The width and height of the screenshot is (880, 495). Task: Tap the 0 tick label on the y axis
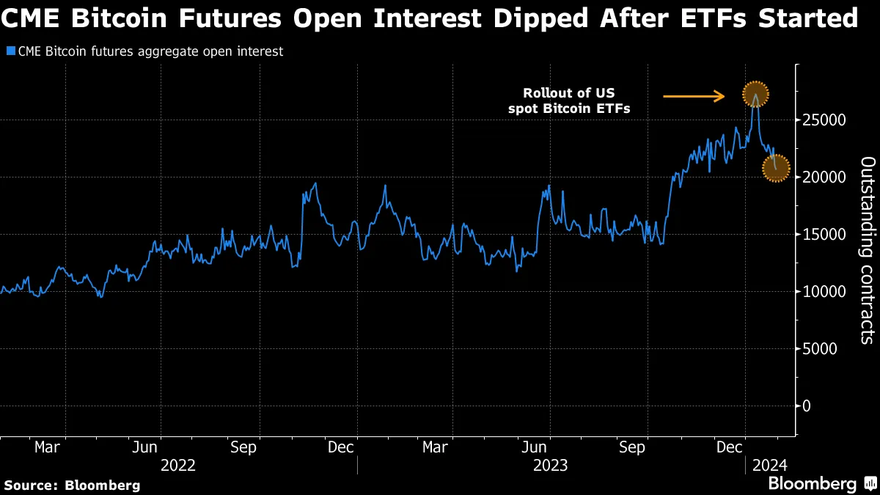pos(807,406)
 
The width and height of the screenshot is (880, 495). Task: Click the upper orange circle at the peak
pos(755,94)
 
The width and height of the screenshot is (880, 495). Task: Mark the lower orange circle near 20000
pos(776,167)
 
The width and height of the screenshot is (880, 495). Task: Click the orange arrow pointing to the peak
pos(694,95)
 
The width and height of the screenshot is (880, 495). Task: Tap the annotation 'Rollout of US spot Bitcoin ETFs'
pos(569,100)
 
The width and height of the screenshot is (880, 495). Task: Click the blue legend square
pos(10,52)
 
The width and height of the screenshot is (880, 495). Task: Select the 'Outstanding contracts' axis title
pos(866,249)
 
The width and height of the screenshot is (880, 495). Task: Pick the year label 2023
pos(550,466)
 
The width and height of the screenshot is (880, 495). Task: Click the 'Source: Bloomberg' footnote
pos(72,485)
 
